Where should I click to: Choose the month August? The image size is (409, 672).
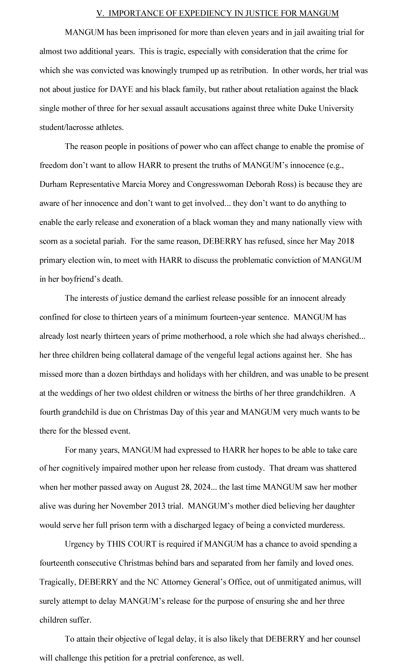tap(168, 487)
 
